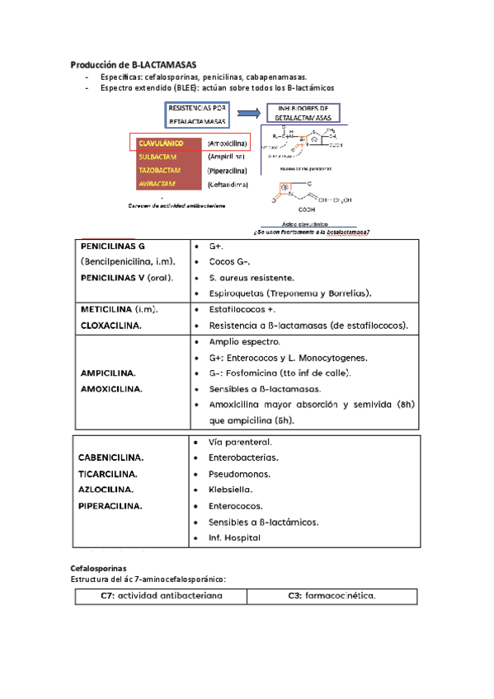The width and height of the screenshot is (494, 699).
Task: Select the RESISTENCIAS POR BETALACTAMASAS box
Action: pos(197,115)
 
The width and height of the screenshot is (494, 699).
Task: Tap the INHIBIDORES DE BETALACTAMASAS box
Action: pos(303,114)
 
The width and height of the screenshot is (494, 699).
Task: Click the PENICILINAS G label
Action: pos(113,246)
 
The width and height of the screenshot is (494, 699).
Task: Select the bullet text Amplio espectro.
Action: pos(245,341)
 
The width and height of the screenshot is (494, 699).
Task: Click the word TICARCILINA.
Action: pos(108,474)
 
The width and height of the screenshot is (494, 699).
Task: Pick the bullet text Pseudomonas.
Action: pos(241,474)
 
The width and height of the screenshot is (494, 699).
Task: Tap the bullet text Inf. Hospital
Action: pos(235,538)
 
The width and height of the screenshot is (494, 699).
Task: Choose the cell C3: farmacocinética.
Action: pos(332,596)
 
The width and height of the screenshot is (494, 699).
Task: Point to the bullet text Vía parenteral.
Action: pos(241,443)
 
